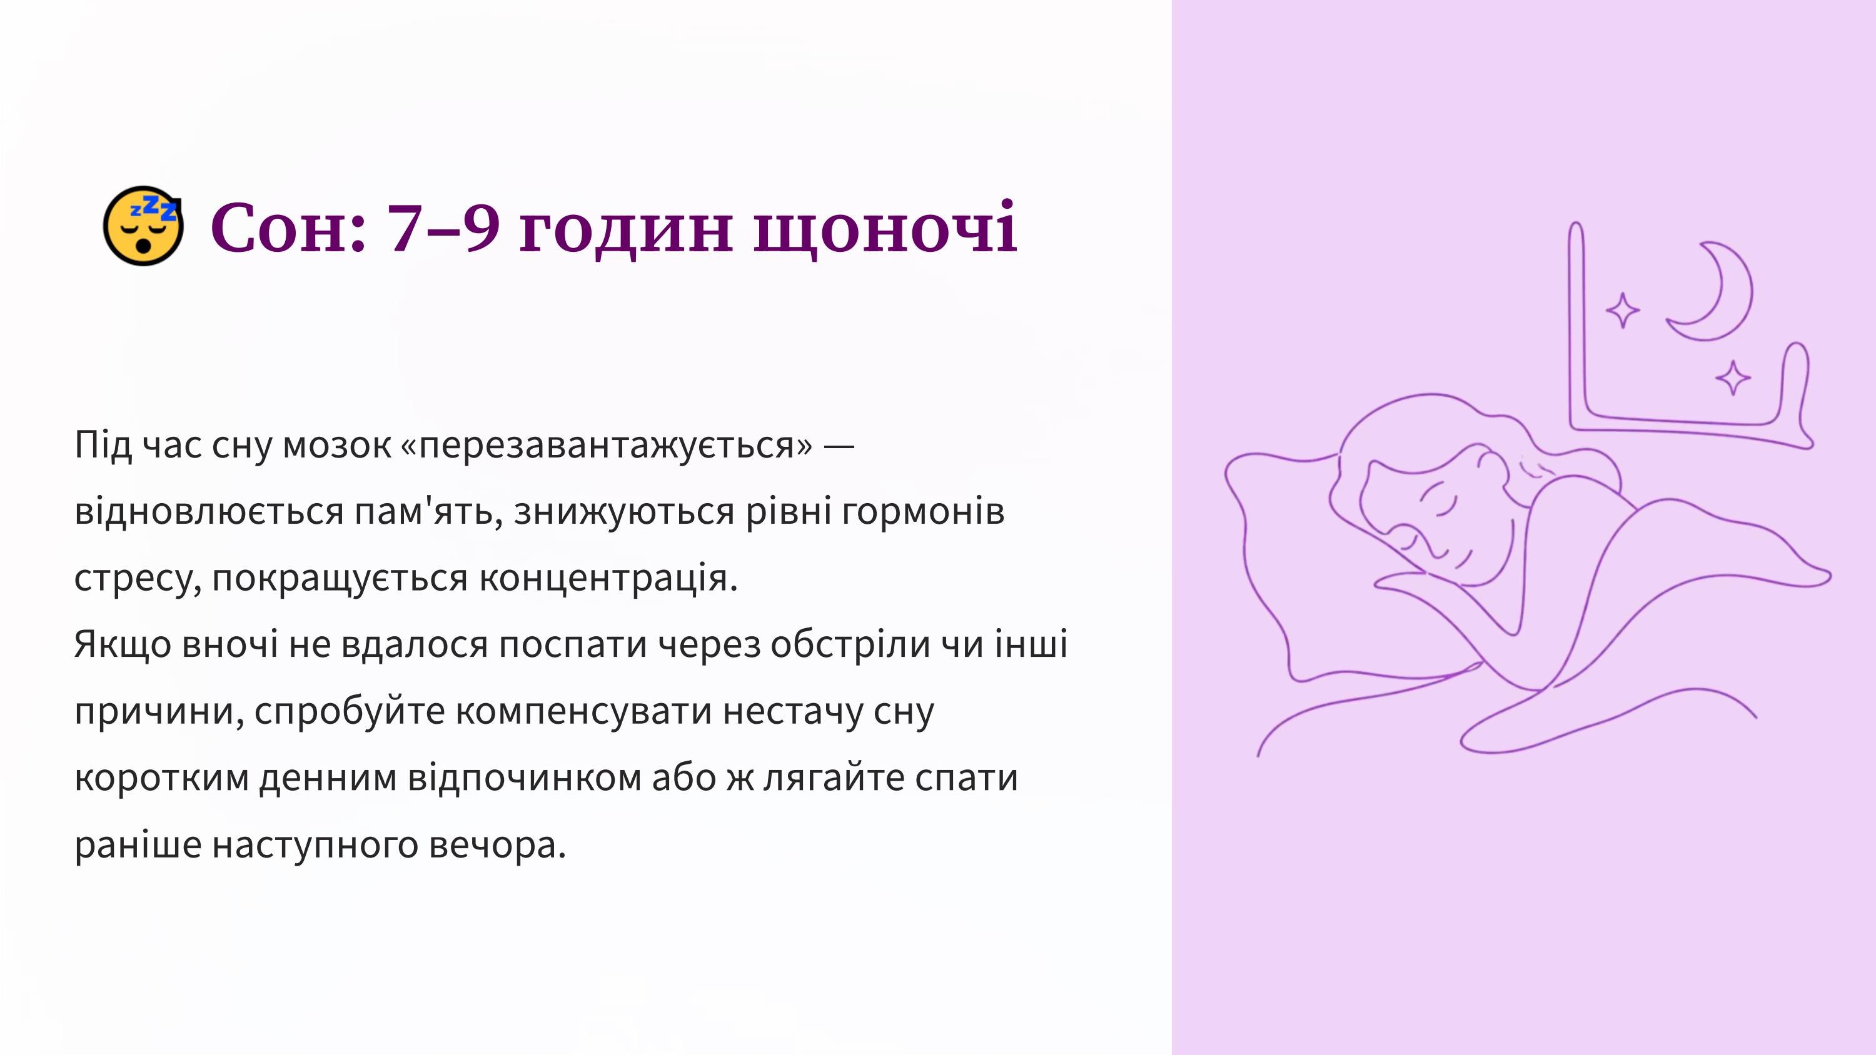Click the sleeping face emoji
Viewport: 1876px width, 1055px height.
tap(143, 226)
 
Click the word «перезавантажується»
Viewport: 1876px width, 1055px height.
tap(606, 444)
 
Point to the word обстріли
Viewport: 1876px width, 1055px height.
tap(850, 644)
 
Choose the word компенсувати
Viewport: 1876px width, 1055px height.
tap(583, 711)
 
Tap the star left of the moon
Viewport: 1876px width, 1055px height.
tap(1623, 311)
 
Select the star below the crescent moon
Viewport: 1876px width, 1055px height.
tap(1733, 378)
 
